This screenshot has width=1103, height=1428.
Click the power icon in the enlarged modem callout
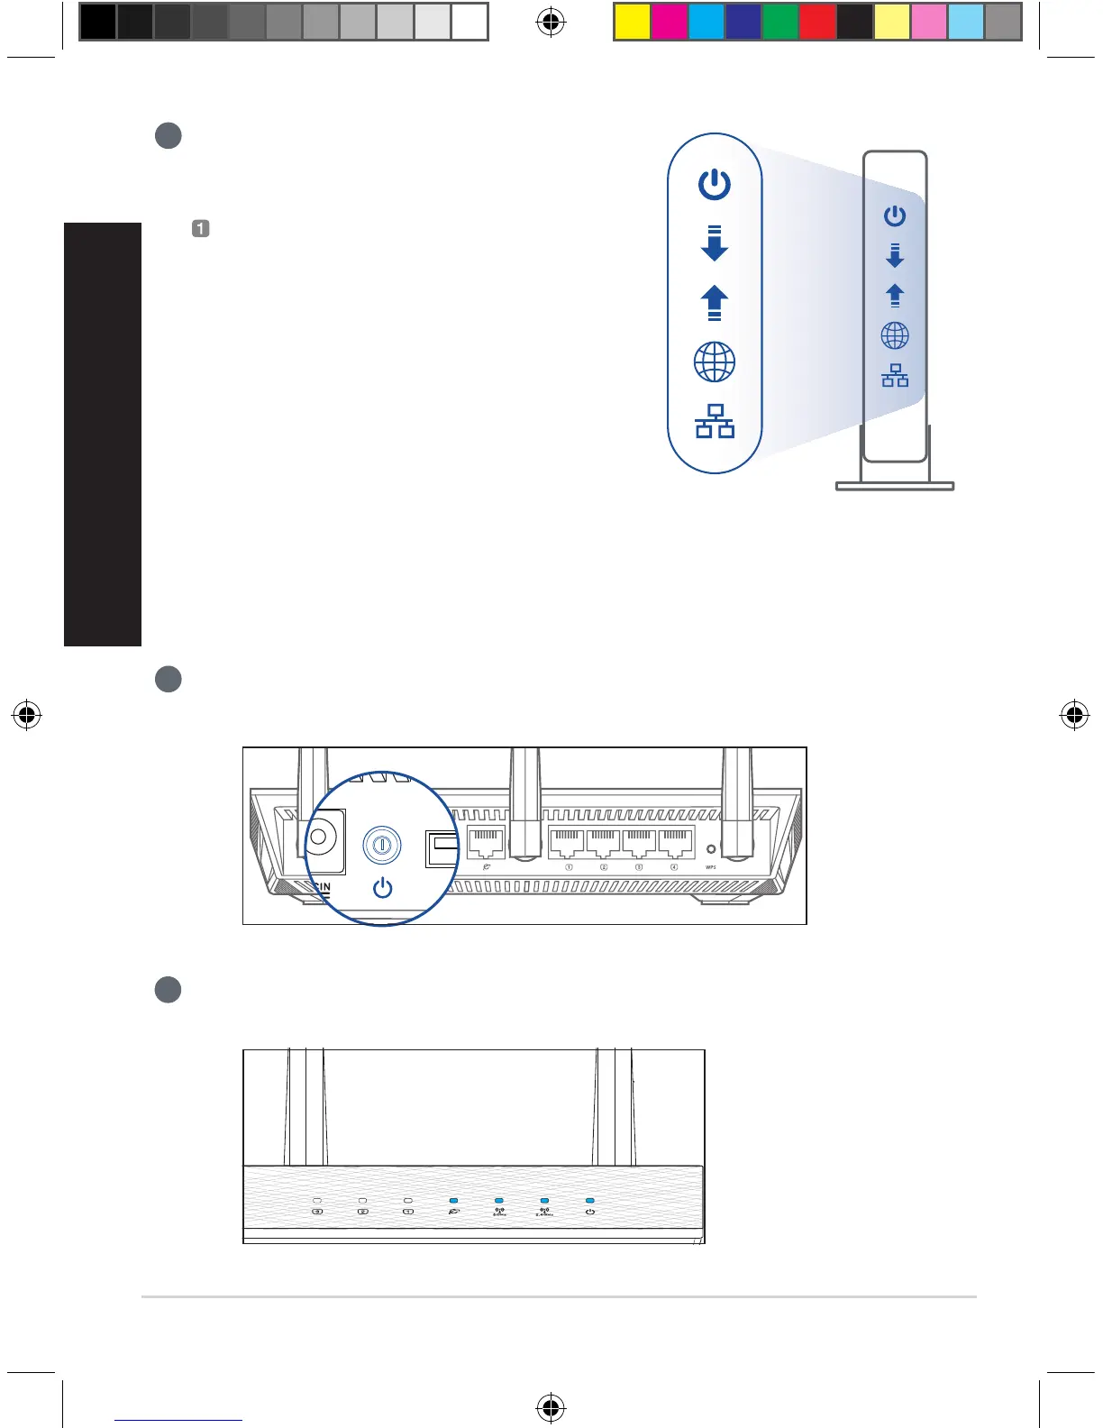coord(715,185)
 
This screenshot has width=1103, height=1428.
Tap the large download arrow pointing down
coord(715,243)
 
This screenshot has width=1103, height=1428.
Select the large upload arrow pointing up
coord(715,303)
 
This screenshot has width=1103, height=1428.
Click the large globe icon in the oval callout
coord(715,362)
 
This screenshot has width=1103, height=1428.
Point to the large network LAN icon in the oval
coord(715,421)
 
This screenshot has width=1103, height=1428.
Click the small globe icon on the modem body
coord(895,336)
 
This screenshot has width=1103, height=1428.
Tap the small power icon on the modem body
coord(895,216)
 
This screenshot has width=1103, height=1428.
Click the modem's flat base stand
coord(895,487)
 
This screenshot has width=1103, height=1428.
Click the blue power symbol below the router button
coord(383,888)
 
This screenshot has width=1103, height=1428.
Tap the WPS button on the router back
coord(711,849)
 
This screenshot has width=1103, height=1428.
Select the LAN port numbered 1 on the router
coord(568,844)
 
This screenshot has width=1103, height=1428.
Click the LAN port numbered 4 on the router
coord(676,844)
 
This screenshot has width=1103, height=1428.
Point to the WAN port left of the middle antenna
coord(487,844)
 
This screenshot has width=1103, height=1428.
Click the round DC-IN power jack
coord(318,838)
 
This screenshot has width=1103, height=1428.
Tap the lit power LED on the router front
coord(590,1201)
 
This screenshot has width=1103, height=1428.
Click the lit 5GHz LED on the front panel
coord(499,1201)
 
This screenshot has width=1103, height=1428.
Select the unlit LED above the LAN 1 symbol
coord(408,1201)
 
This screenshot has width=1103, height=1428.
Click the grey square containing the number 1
coord(201,228)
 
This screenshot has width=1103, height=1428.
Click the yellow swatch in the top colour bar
coord(632,22)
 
